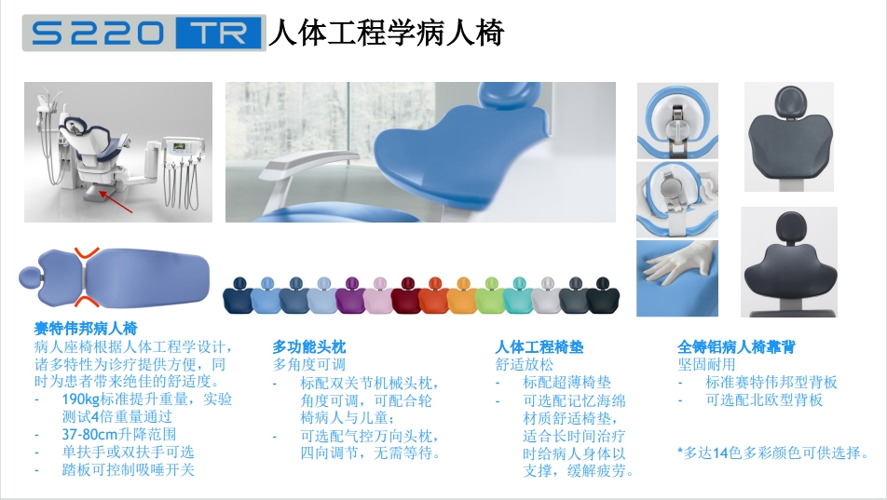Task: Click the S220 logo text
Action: point(97,33)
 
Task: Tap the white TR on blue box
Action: point(220,34)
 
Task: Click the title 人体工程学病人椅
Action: point(386,32)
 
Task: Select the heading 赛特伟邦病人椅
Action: point(86,328)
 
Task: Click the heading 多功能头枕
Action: point(309,346)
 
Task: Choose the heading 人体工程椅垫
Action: point(539,346)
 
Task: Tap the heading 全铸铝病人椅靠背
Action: point(736,346)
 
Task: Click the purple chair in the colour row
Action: point(350,295)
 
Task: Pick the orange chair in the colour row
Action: point(434,295)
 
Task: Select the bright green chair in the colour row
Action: point(490,295)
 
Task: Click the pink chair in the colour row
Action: point(378,295)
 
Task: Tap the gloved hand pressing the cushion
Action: point(677,264)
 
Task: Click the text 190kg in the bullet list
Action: point(81,399)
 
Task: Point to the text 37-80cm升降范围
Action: point(119,435)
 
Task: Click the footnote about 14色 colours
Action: point(772,453)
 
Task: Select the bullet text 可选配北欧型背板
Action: point(764,399)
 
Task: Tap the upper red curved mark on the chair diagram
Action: point(87,252)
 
